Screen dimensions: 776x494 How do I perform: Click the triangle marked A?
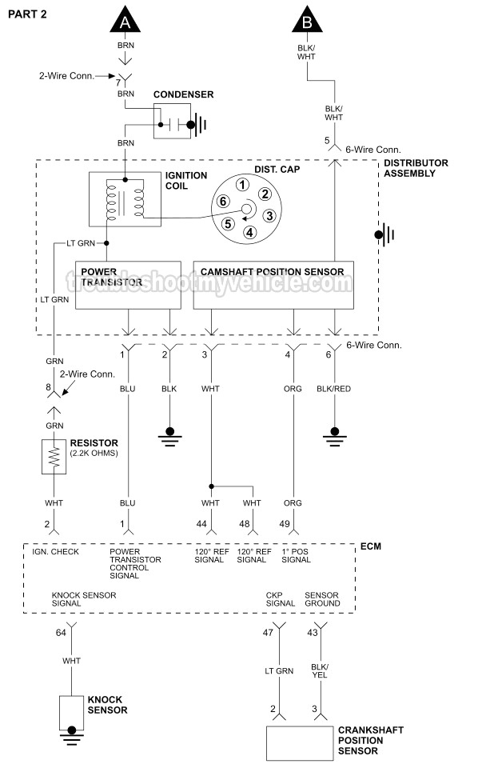(x=124, y=21)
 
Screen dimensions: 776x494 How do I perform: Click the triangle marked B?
(x=307, y=21)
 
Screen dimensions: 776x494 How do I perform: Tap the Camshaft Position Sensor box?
(x=273, y=283)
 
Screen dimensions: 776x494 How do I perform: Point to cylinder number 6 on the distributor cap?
(x=224, y=201)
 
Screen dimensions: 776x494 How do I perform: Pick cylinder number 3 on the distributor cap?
(x=269, y=215)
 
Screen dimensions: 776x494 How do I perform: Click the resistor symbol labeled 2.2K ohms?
(x=55, y=457)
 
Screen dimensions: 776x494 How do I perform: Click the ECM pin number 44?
(x=201, y=523)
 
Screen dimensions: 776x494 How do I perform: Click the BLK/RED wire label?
(x=333, y=388)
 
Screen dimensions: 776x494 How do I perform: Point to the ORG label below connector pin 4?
(x=293, y=388)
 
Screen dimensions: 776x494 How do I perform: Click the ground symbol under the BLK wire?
(x=169, y=435)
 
